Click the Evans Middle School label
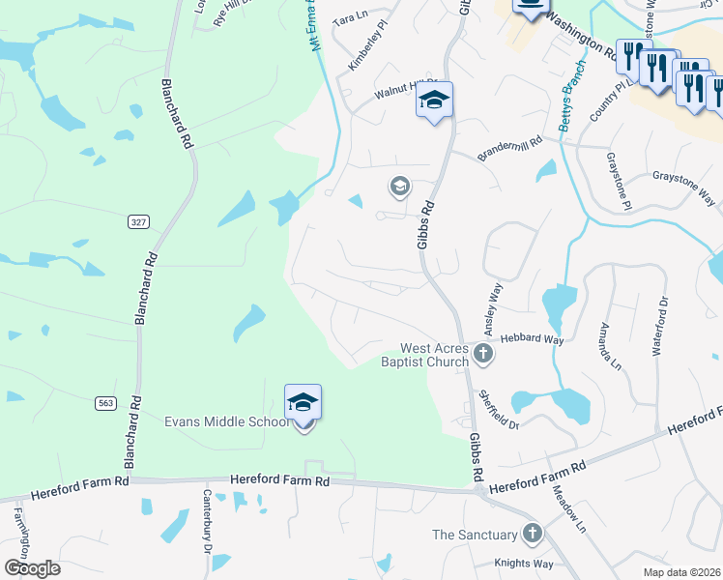(x=226, y=421)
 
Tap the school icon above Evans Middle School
(x=303, y=402)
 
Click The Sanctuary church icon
(x=532, y=533)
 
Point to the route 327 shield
(x=138, y=222)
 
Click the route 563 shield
(x=106, y=402)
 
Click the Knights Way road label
(x=523, y=564)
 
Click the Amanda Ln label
(x=611, y=345)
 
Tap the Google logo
(x=31, y=568)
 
